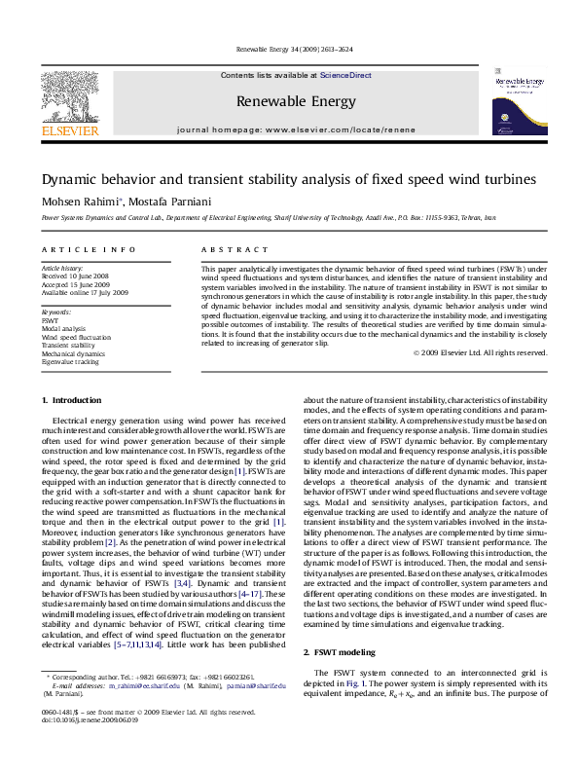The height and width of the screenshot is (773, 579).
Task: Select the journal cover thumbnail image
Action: pyautogui.click(x=522, y=101)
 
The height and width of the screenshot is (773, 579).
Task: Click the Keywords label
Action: pyautogui.click(x=55, y=311)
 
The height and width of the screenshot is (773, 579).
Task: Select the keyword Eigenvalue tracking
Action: pyautogui.click(x=70, y=361)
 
